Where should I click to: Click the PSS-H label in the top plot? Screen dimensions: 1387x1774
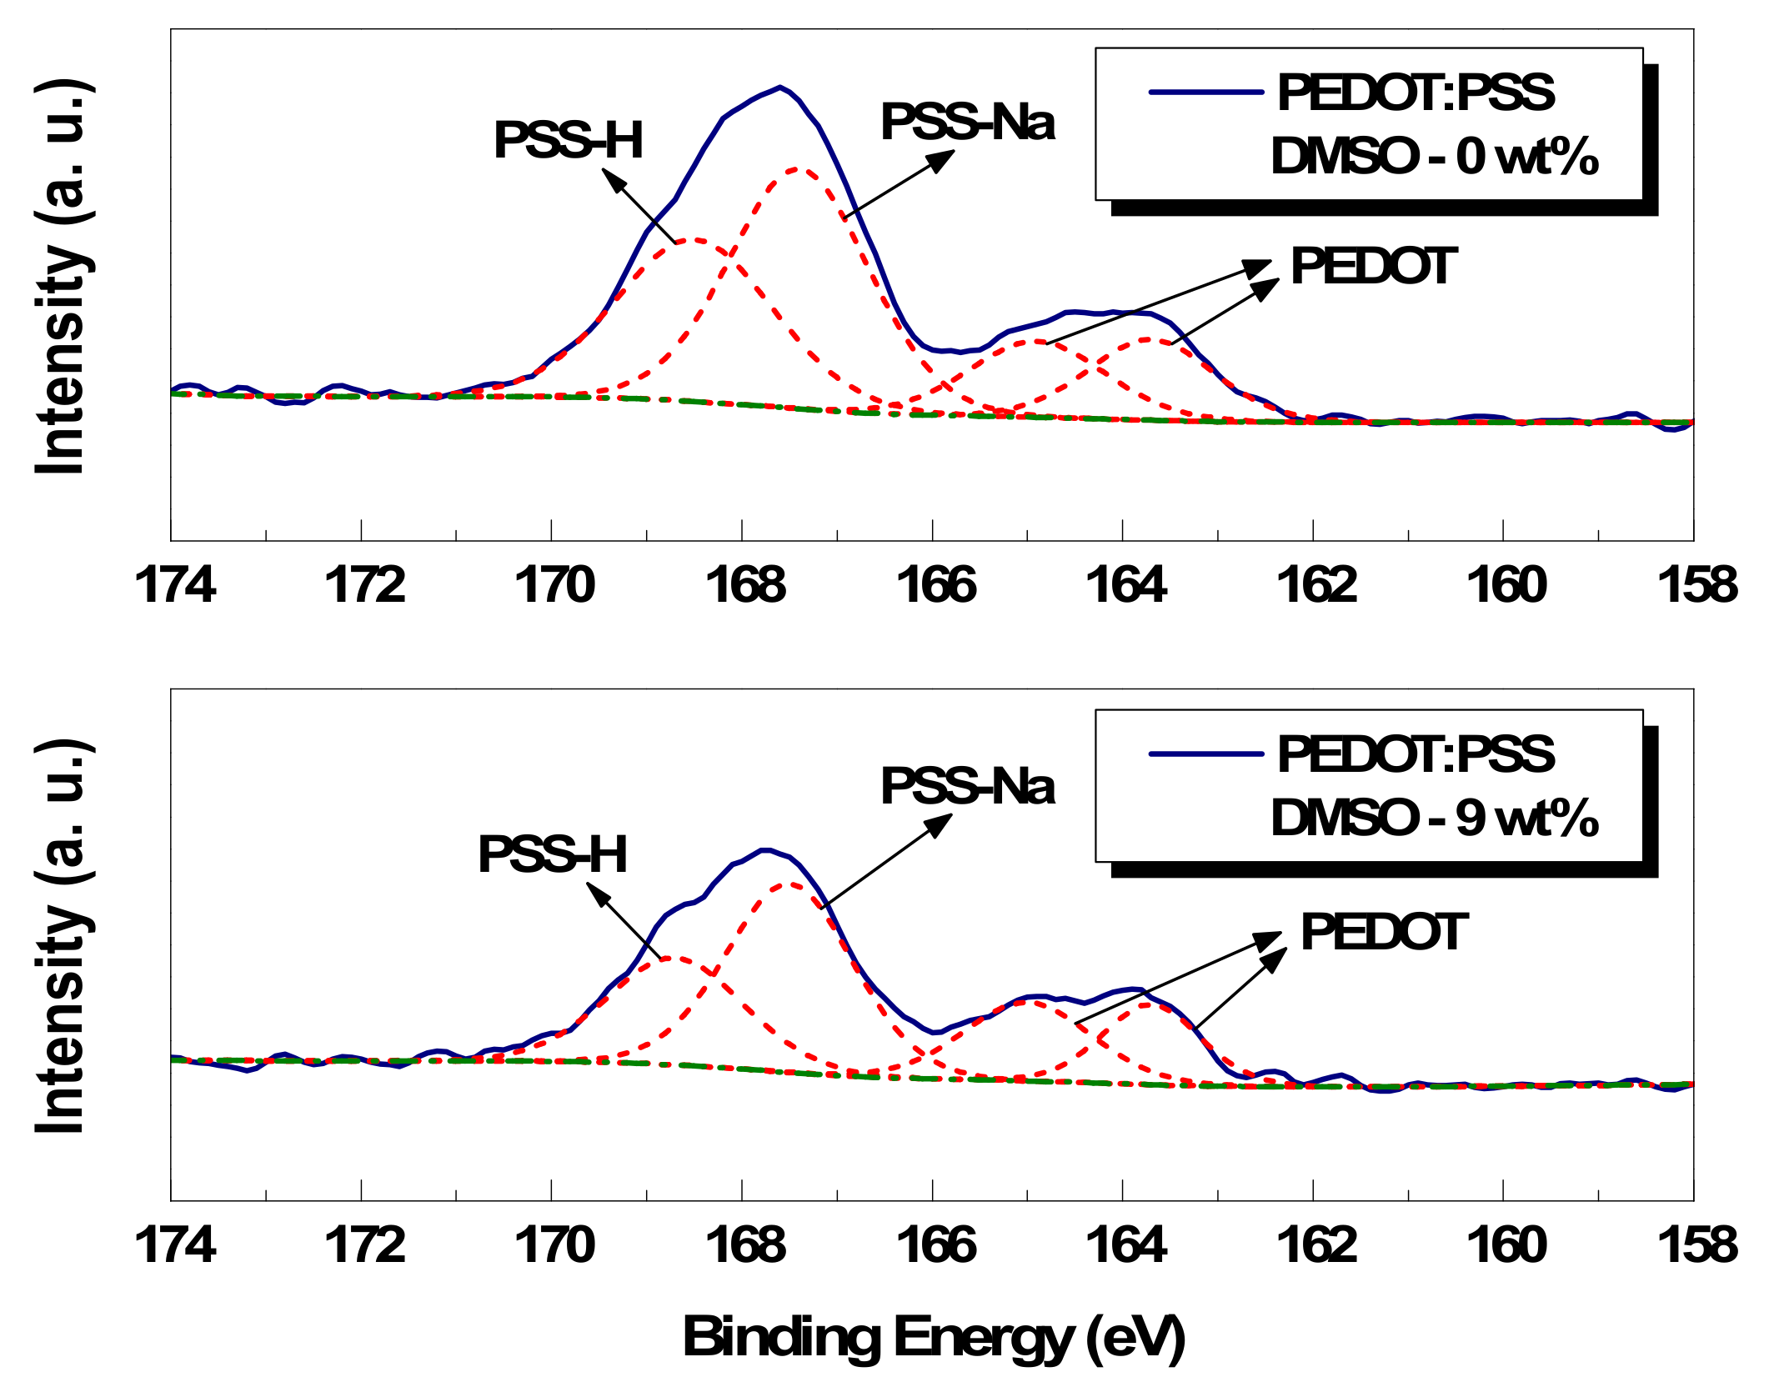(569, 140)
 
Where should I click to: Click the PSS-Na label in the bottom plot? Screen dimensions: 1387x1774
(967, 786)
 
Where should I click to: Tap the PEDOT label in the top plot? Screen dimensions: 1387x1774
(1373, 267)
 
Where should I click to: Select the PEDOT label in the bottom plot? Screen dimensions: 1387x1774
(1383, 932)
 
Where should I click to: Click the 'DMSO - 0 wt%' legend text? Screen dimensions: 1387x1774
(1434, 156)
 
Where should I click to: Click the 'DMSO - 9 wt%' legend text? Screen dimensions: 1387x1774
(1434, 818)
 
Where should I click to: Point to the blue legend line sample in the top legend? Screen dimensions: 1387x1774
(1205, 92)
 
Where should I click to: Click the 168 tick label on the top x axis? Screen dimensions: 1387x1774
(744, 585)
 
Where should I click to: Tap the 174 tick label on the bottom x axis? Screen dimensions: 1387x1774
(174, 1245)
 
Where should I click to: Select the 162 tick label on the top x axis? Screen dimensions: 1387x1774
(1316, 585)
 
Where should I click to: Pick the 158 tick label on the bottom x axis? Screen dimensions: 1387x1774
(1697, 1245)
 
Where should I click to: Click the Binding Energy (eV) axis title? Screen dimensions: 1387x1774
(934, 1337)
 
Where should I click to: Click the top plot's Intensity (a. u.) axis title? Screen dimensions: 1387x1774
(63, 278)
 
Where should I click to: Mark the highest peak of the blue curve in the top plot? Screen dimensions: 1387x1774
(779, 87)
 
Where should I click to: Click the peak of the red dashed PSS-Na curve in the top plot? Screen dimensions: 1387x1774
(799, 169)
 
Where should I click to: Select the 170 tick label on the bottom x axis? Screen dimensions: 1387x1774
(554, 1245)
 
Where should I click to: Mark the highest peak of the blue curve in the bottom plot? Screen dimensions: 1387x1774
(765, 850)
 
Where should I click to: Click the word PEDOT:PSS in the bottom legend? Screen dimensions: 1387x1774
(1416, 754)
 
